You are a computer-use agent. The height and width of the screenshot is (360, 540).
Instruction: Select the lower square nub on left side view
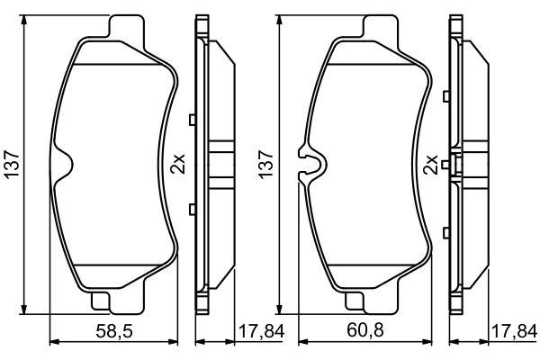tap(193, 210)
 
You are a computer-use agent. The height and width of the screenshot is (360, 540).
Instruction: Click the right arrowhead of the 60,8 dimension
tap(435, 341)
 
